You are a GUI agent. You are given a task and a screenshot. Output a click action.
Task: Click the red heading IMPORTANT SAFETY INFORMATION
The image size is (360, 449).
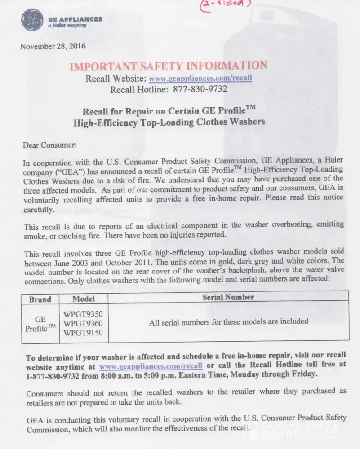168,66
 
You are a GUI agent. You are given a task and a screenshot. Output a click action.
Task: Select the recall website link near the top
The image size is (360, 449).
200,78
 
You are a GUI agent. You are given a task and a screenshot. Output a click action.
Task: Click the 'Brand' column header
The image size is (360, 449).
40,299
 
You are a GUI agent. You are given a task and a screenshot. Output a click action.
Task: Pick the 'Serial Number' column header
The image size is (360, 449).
228,297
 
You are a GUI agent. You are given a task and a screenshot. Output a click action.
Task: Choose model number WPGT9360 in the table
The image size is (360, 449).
83,323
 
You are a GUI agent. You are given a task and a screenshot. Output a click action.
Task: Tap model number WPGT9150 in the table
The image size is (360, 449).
83,333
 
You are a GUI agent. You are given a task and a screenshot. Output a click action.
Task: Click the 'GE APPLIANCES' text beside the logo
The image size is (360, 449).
75,19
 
